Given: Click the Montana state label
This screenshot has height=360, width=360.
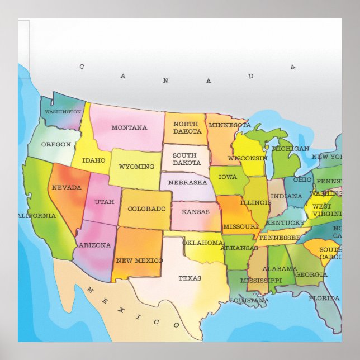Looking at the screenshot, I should click(x=129, y=127).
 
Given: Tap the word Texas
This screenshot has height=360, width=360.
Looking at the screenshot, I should click(x=190, y=278).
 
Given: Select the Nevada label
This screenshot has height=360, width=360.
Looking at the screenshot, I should click(x=67, y=187).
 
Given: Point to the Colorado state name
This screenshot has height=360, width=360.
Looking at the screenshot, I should click(x=146, y=209).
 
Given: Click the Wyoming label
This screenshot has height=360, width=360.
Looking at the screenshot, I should click(x=136, y=167).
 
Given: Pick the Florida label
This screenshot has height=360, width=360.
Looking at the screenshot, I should click(x=324, y=298).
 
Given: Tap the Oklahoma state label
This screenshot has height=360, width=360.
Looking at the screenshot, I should click(x=202, y=243).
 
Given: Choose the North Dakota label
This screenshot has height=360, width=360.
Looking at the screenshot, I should click(x=187, y=127).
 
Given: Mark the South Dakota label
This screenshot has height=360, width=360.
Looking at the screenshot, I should click(x=186, y=159).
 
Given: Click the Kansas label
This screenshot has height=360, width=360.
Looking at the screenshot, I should click(x=195, y=212).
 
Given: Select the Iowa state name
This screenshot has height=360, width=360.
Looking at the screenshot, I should click(x=228, y=177).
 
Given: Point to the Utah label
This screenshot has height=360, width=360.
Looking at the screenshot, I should click(x=104, y=202).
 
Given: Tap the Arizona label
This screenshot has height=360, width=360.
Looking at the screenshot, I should click(x=95, y=245).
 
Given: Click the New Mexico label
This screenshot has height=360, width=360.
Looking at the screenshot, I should click(x=139, y=260).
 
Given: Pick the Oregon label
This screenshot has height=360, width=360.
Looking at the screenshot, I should click(x=56, y=144).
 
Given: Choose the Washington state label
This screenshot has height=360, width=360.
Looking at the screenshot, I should click(x=63, y=112).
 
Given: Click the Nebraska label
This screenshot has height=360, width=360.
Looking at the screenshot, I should click(x=187, y=182).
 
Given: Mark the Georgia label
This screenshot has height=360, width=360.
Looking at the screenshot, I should click(x=311, y=274).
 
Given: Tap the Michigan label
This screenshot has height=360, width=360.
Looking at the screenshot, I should click(x=291, y=149).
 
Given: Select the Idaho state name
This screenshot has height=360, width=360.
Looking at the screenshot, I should click(x=93, y=160).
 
